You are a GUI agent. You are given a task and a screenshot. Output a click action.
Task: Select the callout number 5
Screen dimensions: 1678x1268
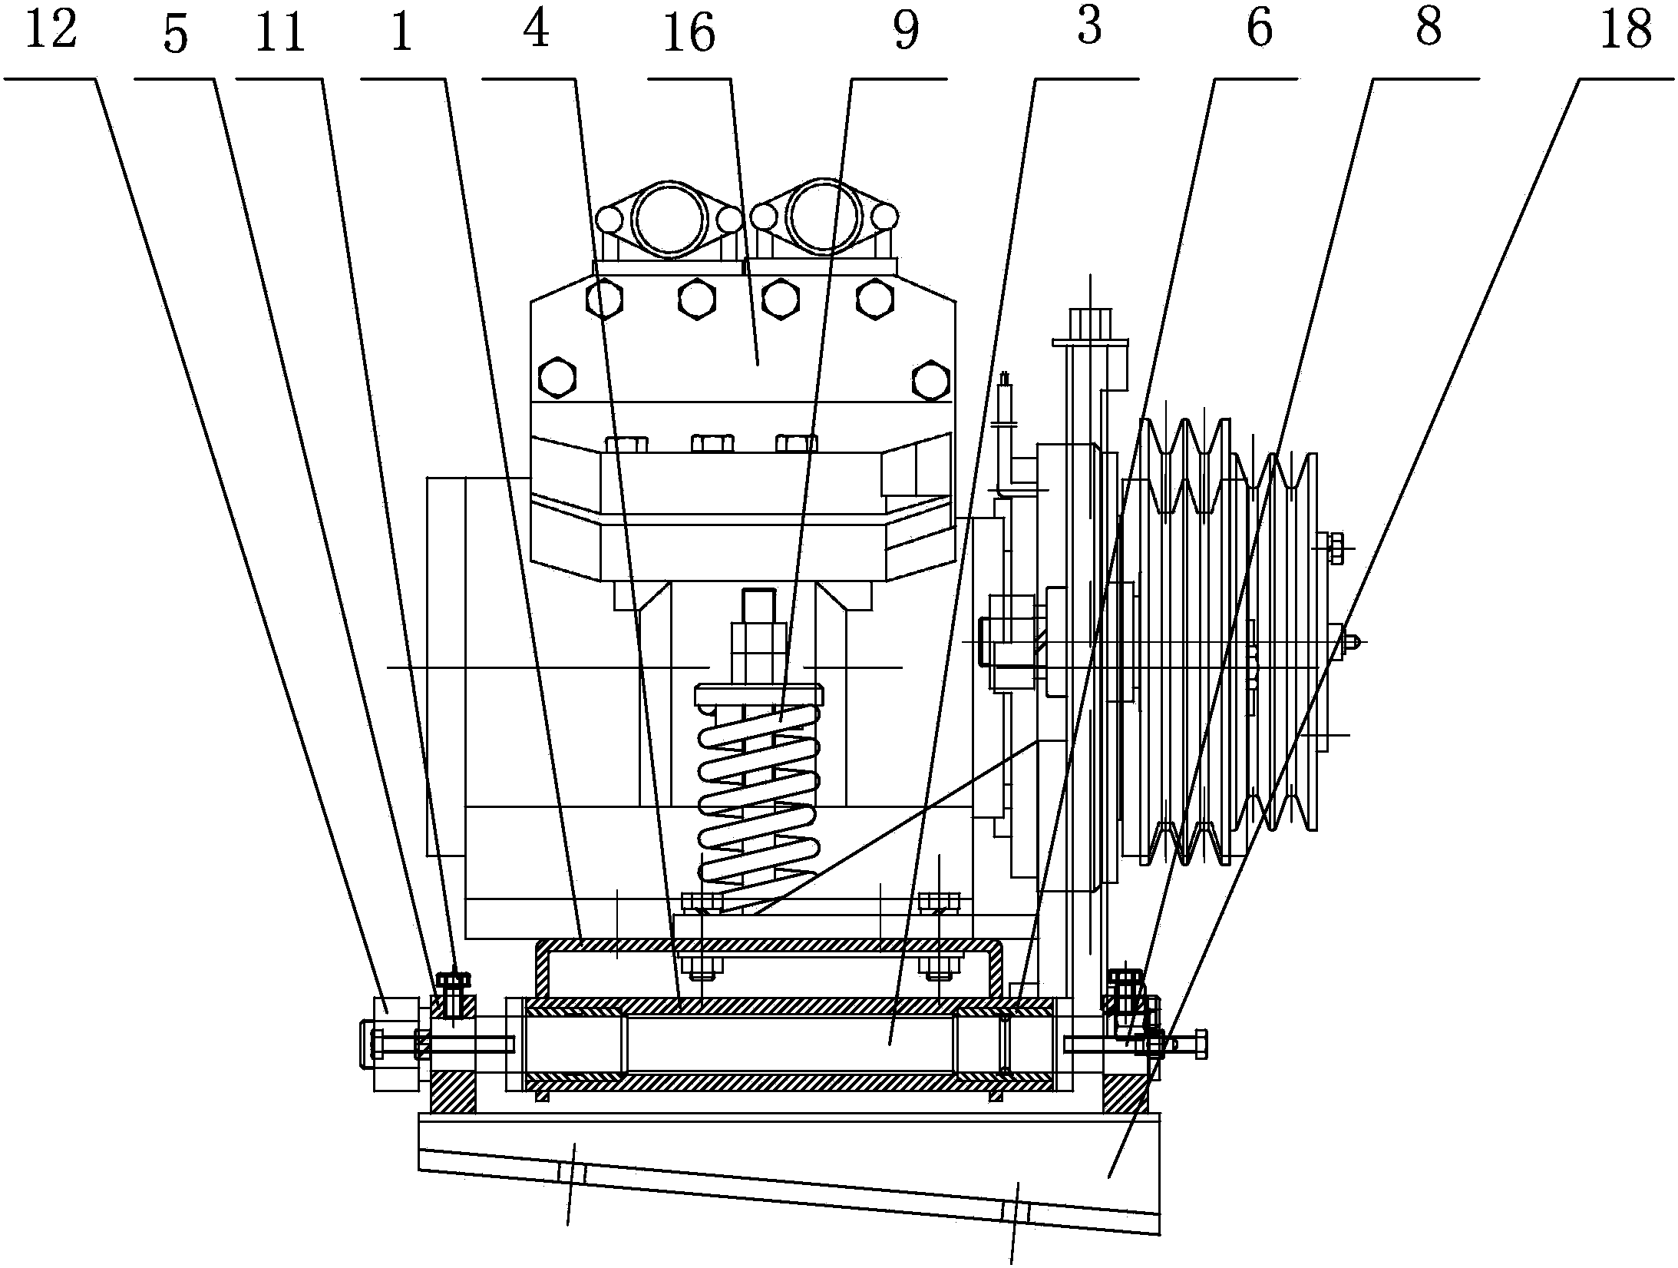tap(176, 36)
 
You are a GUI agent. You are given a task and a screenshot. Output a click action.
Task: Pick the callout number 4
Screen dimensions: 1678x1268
tap(537, 31)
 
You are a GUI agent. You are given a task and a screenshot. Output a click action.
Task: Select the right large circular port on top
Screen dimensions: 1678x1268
tap(824, 217)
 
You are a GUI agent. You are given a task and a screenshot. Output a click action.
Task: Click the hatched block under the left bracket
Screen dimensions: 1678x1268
tap(453, 1091)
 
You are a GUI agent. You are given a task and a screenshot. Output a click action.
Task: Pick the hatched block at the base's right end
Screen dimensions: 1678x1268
tap(1126, 1091)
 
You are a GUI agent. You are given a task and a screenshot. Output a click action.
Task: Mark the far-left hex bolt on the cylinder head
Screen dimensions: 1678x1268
tap(558, 376)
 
